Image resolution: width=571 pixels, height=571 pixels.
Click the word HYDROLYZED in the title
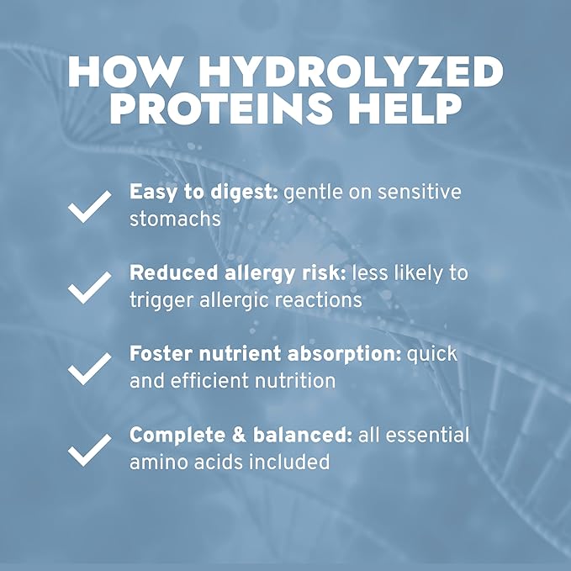tap(350, 71)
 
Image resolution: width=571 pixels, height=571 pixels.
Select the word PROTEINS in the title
tap(221, 108)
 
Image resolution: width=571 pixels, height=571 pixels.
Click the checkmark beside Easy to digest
tap(90, 206)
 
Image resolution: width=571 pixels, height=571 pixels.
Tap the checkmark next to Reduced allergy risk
tap(90, 288)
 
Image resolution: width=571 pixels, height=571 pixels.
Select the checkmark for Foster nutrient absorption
tap(90, 368)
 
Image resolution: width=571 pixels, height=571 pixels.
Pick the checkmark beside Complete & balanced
tap(90, 450)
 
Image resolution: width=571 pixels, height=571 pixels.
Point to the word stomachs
tap(175, 219)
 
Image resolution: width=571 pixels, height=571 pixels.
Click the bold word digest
tap(245, 193)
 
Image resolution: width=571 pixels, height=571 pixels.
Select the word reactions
tap(318, 300)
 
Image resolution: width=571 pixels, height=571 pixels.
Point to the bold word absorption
tap(344, 355)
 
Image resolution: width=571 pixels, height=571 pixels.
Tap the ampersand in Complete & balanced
tap(239, 435)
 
